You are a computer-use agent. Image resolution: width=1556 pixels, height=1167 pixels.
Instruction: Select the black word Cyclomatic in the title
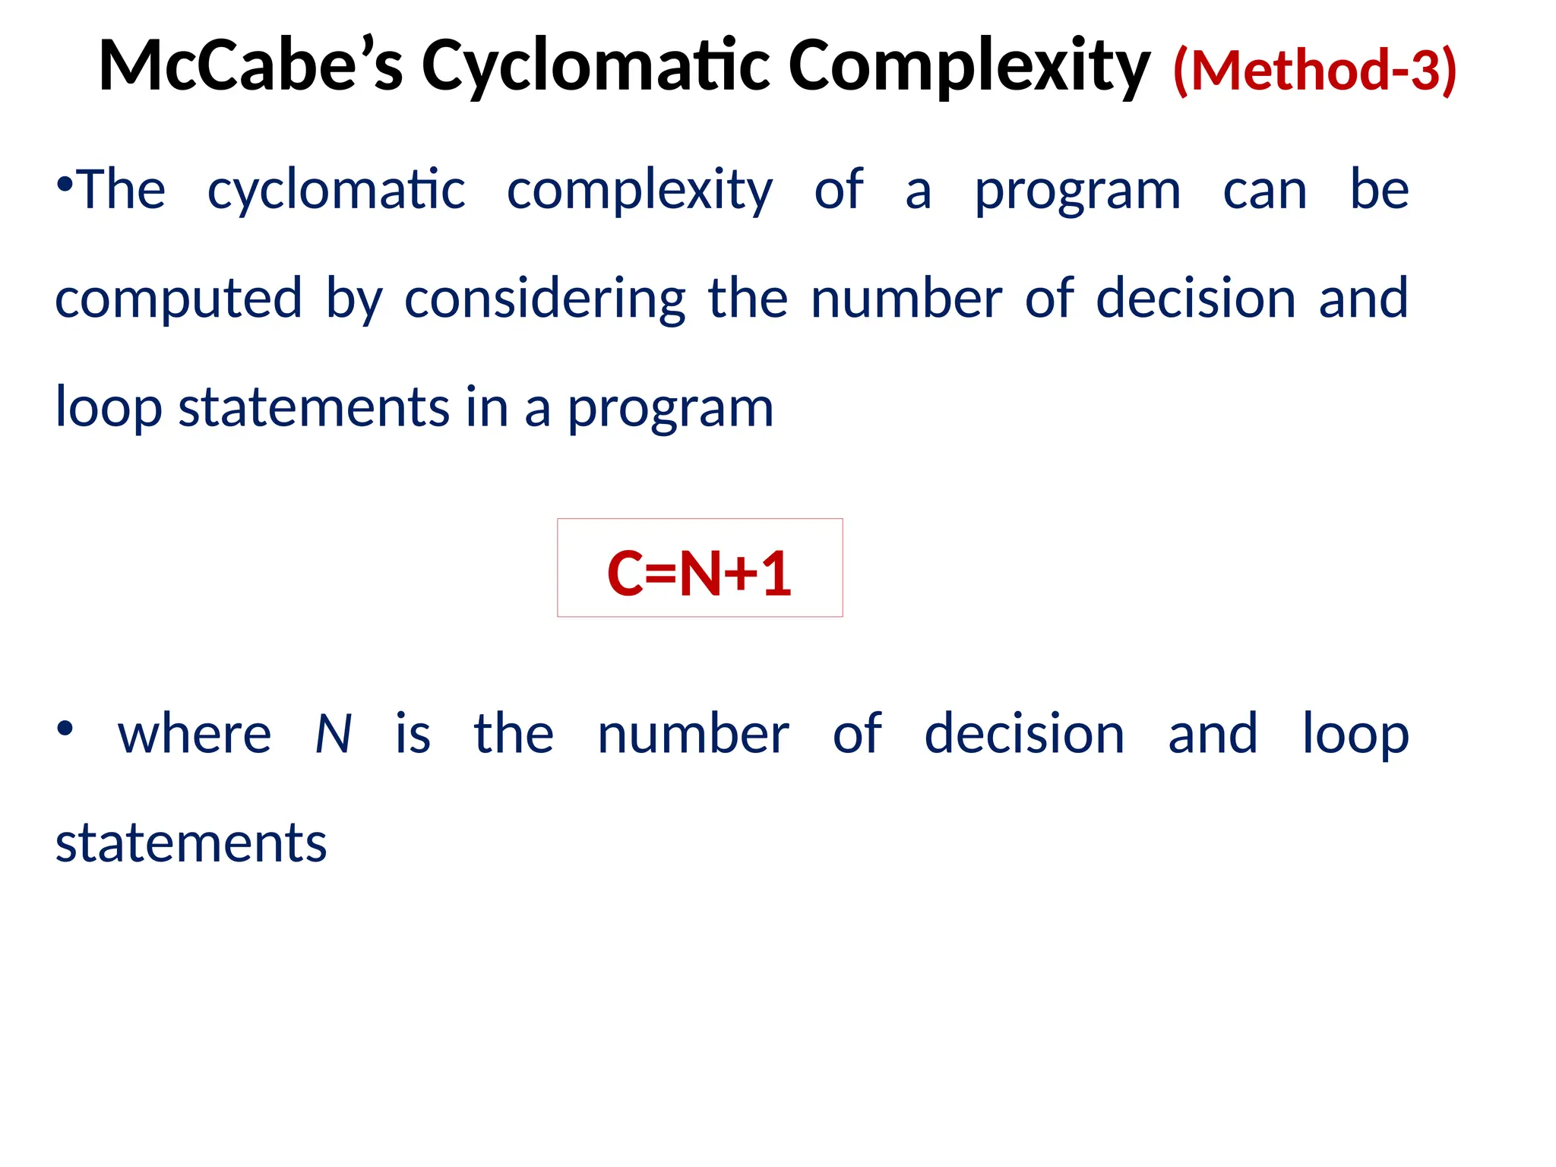(x=596, y=67)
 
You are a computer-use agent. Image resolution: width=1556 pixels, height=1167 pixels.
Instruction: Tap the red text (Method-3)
(x=1314, y=70)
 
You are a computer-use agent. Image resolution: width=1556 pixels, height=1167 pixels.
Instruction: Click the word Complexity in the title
(x=969, y=67)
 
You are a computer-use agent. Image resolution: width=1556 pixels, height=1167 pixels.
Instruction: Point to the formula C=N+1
(x=699, y=574)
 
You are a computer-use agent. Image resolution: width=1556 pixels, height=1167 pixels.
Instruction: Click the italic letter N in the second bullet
(x=333, y=735)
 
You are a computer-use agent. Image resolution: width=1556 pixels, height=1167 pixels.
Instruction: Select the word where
(x=194, y=735)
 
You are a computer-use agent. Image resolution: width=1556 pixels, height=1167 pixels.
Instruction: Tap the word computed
(x=179, y=299)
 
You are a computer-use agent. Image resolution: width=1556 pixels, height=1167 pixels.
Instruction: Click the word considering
(x=545, y=299)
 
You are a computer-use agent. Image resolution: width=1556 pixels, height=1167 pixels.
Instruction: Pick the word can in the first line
(x=1265, y=190)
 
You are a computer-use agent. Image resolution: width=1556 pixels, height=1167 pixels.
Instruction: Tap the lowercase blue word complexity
(x=640, y=190)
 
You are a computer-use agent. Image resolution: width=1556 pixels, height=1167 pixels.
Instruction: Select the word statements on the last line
(x=191, y=843)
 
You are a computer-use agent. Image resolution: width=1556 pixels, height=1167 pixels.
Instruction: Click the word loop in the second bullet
(x=1356, y=735)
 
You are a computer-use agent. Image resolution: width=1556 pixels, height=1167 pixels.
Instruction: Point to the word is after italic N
(x=413, y=735)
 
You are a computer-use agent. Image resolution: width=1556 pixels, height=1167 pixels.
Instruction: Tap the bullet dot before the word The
(x=65, y=184)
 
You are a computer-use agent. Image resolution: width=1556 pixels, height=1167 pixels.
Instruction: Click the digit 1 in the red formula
(x=776, y=574)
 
